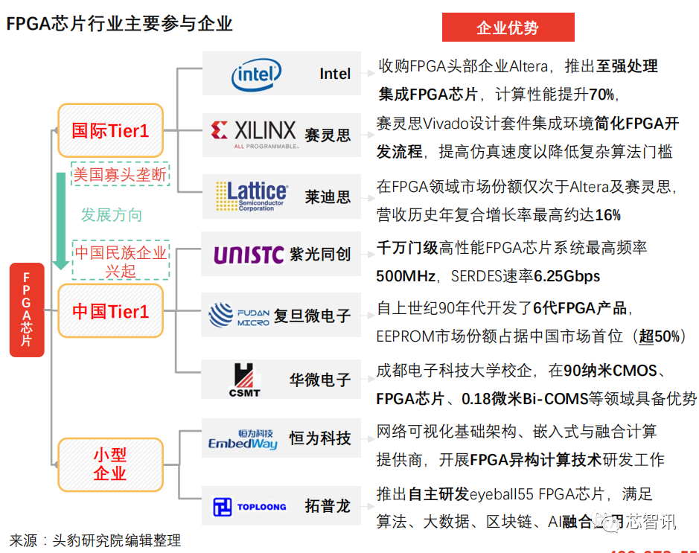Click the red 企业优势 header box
[508, 28]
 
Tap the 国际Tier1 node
[110, 131]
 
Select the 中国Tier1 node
[110, 310]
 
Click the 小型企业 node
[110, 464]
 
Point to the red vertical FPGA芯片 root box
[27, 309]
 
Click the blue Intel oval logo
[257, 74]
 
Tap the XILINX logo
[254, 134]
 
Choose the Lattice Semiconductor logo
[251, 196]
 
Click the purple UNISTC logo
[249, 255]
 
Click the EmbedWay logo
[243, 439]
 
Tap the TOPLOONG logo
[249, 507]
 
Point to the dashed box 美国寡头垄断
[120, 174]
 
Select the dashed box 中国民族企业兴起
[120, 261]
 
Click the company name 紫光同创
[320, 255]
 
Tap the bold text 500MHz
[406, 276]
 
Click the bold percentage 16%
[608, 215]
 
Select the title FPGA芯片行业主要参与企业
[119, 24]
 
